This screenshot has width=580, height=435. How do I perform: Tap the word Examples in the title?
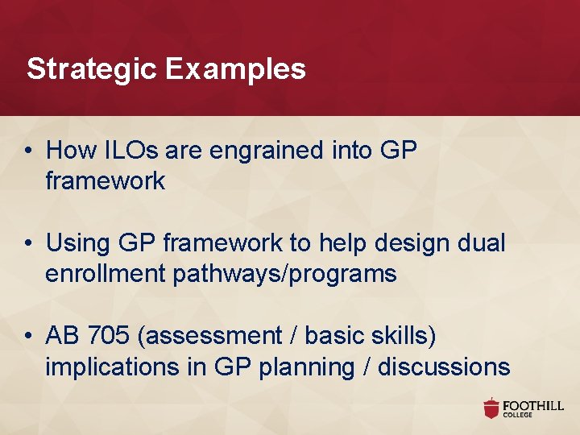236,69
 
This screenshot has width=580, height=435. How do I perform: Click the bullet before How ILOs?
30,151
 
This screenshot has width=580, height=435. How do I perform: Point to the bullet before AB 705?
30,336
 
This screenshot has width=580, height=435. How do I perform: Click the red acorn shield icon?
491,408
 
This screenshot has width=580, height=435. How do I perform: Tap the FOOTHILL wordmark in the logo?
534,405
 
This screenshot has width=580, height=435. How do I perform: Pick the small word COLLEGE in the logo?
518,416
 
